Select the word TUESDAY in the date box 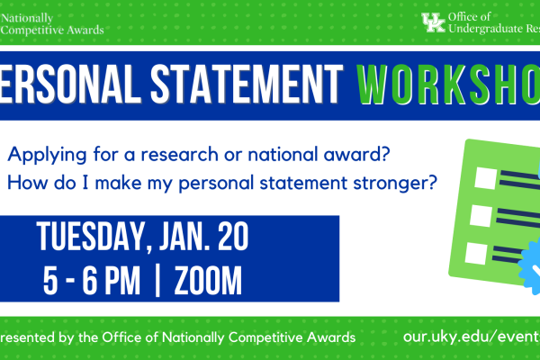point(86,239)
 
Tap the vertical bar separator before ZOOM point(158,281)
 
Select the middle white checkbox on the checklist point(480,217)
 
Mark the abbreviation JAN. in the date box point(177,239)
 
